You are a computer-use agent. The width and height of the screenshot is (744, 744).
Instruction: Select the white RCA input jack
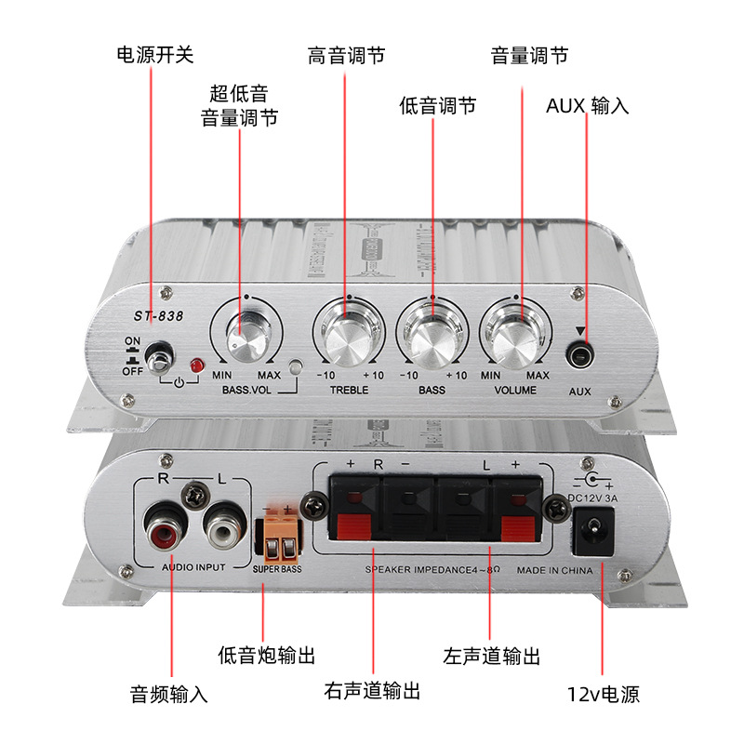point(224,530)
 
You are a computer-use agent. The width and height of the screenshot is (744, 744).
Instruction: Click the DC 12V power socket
point(591,534)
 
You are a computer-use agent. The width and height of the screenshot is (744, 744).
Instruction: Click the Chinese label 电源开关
point(154,55)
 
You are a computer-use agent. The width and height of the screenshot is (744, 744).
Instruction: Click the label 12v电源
point(604,694)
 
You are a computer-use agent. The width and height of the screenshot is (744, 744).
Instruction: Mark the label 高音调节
point(346,55)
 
